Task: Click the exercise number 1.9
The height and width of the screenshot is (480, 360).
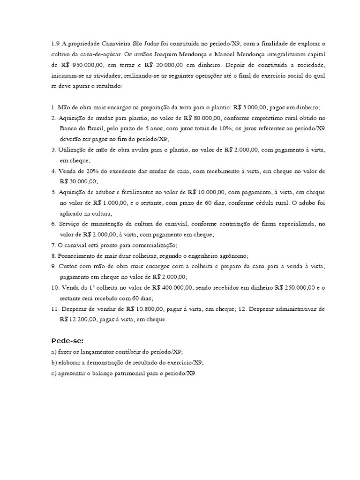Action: (56, 44)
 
